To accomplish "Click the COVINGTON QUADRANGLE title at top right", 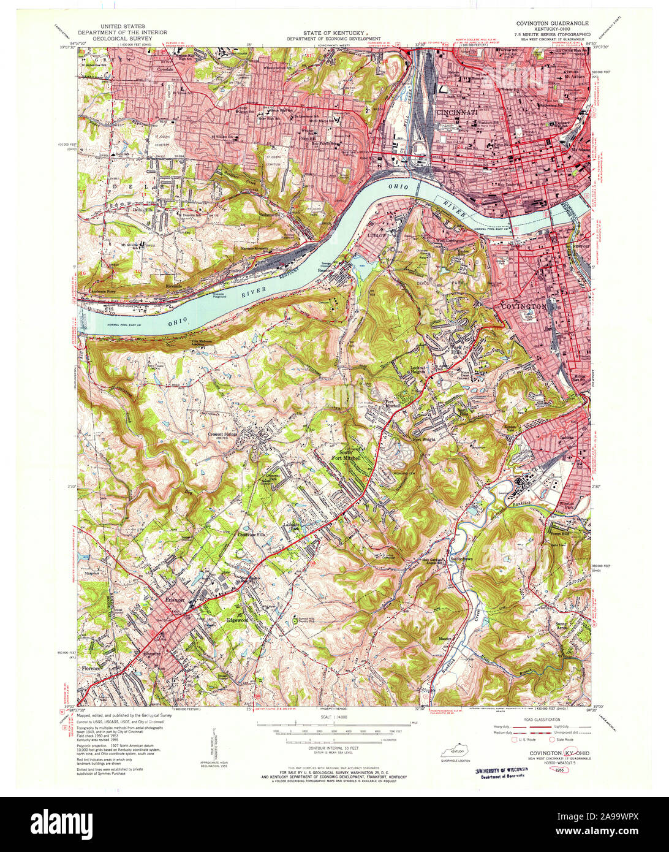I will pos(548,22).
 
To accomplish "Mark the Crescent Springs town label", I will pos(222,434).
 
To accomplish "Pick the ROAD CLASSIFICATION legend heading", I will pos(542,719).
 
